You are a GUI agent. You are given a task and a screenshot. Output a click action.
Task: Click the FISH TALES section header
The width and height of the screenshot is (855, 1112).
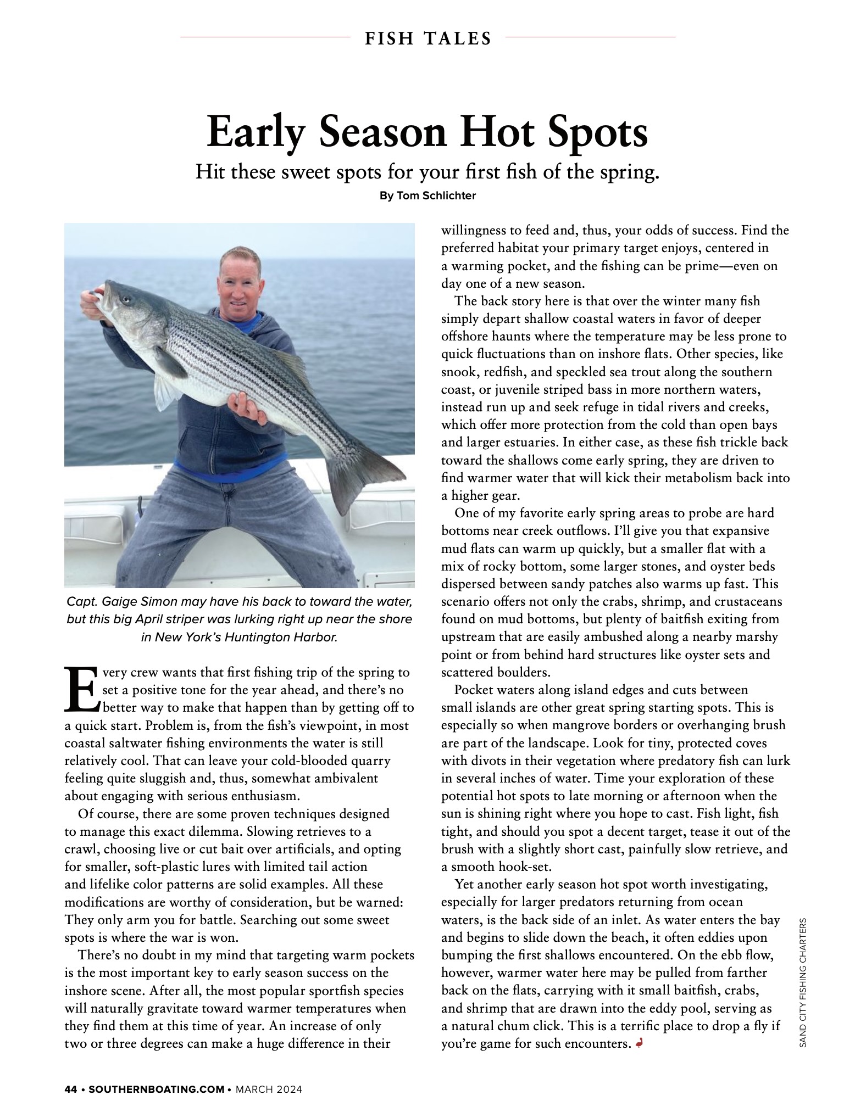427,38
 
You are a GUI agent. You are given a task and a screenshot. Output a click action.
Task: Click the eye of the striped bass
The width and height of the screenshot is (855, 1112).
127,300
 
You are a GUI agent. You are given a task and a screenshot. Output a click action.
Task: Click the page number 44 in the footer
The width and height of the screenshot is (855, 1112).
70,1089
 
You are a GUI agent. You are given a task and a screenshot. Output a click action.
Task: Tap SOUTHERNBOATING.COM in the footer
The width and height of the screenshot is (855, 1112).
156,1089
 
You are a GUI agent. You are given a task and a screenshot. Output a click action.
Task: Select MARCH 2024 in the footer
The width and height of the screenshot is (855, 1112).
269,1089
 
